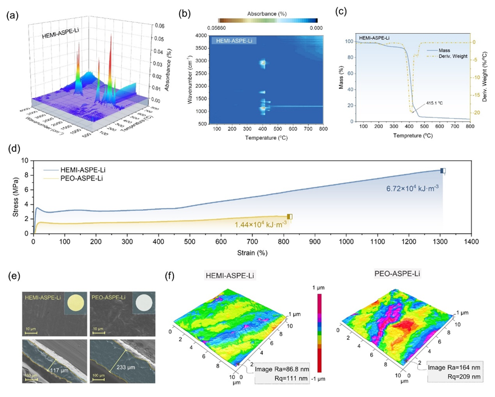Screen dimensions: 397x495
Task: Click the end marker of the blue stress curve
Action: click(x=442, y=171)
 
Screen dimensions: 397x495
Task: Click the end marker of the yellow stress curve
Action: click(x=290, y=217)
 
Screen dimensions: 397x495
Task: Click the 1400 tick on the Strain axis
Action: click(x=470, y=242)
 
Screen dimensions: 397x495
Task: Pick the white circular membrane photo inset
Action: click(x=143, y=302)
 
